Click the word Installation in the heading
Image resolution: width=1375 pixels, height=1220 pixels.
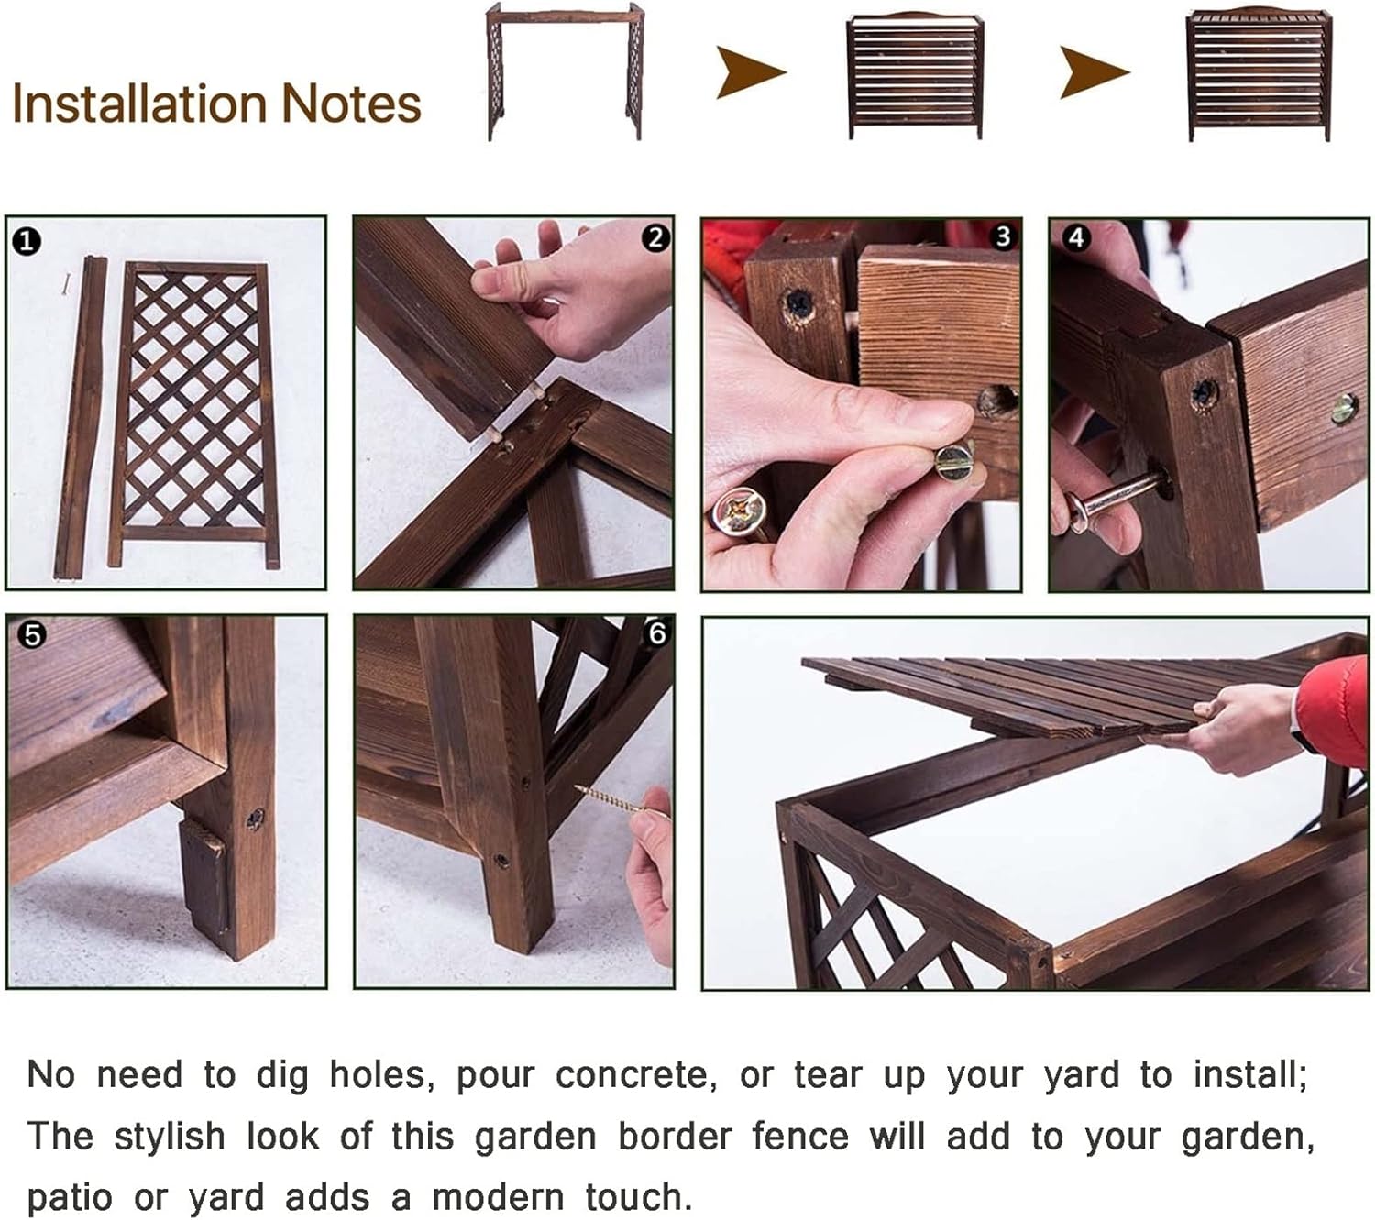[140, 104]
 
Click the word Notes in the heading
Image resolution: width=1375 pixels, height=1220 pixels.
[352, 104]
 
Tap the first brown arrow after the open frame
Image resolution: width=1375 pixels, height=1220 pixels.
[752, 71]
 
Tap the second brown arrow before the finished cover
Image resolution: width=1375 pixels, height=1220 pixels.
[1094, 71]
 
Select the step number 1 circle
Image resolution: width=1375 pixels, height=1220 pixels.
[27, 241]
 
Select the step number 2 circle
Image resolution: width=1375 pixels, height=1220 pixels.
[655, 238]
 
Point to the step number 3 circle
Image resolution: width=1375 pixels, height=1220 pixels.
[1003, 236]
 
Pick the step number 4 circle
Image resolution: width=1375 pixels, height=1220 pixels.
[1076, 238]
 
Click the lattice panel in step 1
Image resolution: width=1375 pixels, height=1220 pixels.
[193, 415]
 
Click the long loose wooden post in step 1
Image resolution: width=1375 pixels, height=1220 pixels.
[80, 417]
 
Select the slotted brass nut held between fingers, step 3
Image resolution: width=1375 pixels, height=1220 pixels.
[953, 459]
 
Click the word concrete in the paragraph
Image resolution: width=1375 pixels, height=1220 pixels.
[635, 1075]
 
